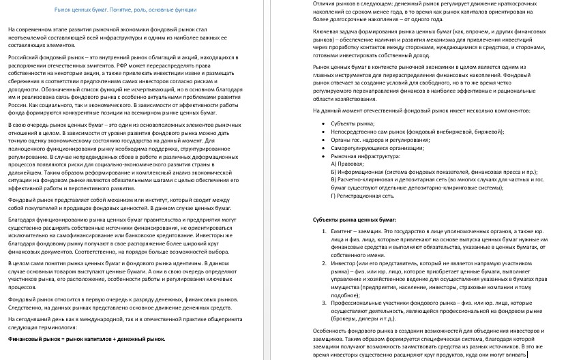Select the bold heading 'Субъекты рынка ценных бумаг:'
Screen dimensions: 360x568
coord(355,220)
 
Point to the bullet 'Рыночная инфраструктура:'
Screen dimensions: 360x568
coord(365,155)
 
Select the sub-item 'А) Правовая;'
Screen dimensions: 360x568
coord(347,164)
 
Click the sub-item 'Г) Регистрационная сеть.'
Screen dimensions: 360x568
coord(363,196)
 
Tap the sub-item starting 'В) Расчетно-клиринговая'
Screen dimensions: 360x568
coord(436,180)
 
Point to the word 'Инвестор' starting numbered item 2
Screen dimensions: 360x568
coord(344,262)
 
